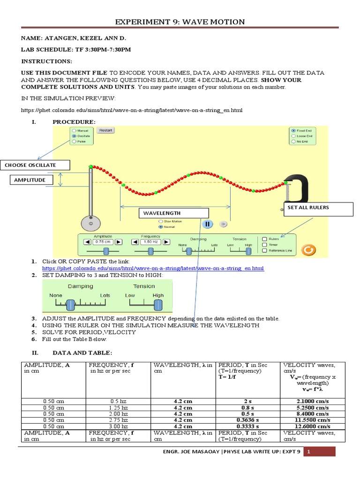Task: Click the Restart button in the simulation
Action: click(x=105, y=130)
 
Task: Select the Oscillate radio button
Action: click(x=74, y=135)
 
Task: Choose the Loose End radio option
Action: click(x=293, y=135)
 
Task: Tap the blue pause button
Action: click(x=208, y=224)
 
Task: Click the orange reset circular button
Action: click(x=307, y=250)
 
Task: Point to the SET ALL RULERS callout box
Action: click(x=318, y=209)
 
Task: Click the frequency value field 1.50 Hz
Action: click(x=150, y=242)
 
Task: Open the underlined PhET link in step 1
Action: click(x=153, y=269)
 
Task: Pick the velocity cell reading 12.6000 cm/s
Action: click(x=313, y=426)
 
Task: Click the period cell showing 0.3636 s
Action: click(x=249, y=420)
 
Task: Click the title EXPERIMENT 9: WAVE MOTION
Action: click(x=180, y=22)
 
